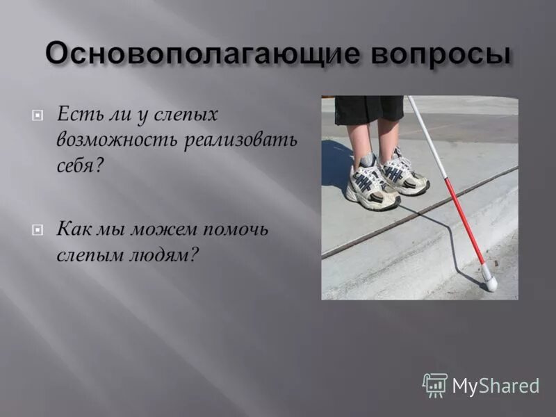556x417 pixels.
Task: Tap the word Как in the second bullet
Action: pyautogui.click(x=76, y=229)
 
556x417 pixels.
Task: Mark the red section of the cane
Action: pyautogui.click(x=465, y=215)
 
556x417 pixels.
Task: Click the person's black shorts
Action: pyautogui.click(x=368, y=109)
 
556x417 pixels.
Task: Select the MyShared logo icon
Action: pyautogui.click(x=434, y=384)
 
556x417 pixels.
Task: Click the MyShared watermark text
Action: pyautogui.click(x=496, y=386)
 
